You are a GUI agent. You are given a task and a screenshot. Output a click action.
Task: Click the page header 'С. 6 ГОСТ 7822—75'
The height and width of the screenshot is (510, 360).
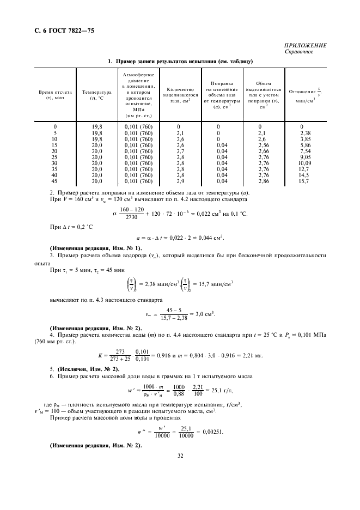tap(61, 31)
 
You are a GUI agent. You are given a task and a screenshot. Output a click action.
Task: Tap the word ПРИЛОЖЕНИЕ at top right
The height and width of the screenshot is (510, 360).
tap(305, 46)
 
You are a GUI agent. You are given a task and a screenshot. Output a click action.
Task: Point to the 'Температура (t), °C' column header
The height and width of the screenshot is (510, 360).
tap(96, 95)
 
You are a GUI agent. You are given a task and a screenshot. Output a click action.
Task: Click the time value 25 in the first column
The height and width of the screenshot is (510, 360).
tap(55, 157)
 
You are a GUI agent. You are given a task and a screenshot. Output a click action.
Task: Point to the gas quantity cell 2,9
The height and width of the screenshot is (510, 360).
tap(181, 181)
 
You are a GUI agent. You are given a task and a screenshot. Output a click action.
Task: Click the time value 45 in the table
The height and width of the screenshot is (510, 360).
tap(55, 181)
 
